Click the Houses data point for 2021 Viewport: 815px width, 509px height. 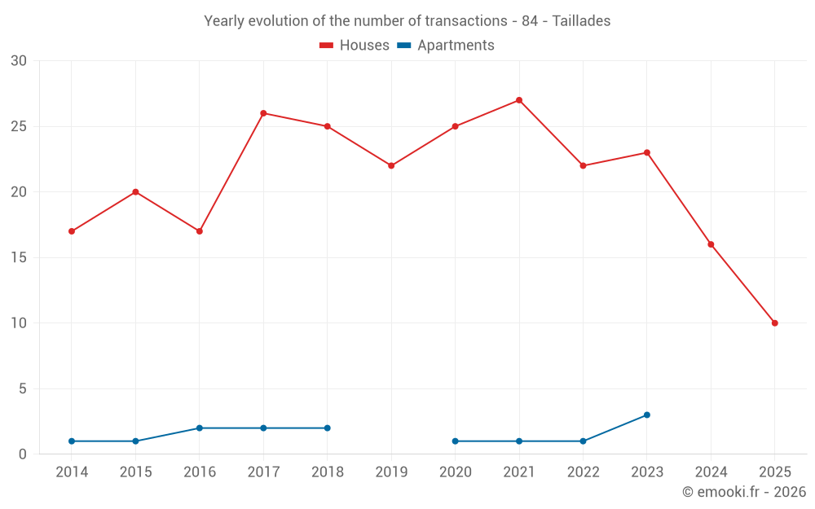coord(519,100)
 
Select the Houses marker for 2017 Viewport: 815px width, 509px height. coord(263,113)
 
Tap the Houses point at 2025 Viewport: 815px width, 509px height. coord(775,323)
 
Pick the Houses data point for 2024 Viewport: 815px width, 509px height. coord(711,244)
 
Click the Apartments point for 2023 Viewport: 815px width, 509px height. coord(647,415)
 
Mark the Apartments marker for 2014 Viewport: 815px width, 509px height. coord(72,441)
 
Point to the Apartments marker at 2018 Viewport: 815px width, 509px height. coord(328,428)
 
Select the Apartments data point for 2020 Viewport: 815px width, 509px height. coord(455,441)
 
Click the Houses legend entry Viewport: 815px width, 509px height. coord(355,46)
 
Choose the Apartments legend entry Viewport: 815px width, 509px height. coord(446,46)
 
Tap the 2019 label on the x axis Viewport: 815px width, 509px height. coord(391,472)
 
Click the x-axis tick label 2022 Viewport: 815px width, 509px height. coord(583,472)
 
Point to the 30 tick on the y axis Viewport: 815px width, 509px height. coord(19,61)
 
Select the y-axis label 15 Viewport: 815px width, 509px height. coord(19,257)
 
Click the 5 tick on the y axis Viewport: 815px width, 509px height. coord(23,388)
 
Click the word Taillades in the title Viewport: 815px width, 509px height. coord(581,21)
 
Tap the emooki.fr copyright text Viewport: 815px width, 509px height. coord(743,492)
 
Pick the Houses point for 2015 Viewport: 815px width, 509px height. coord(135,192)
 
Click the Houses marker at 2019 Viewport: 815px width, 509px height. coord(391,165)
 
